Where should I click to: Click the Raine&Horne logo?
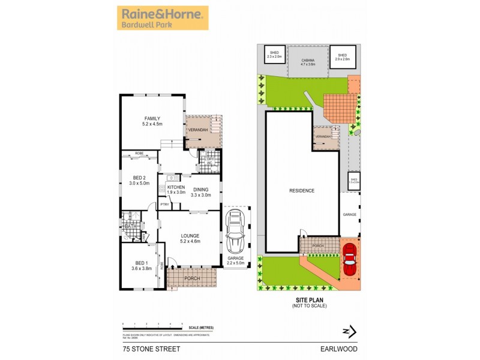point(162,17)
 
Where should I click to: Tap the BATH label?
point(130,226)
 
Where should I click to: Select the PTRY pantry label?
point(165,205)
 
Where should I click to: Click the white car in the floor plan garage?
point(235,235)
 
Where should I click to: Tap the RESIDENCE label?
point(302,190)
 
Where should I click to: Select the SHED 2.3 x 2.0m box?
point(275,55)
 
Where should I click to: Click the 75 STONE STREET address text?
point(141,346)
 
